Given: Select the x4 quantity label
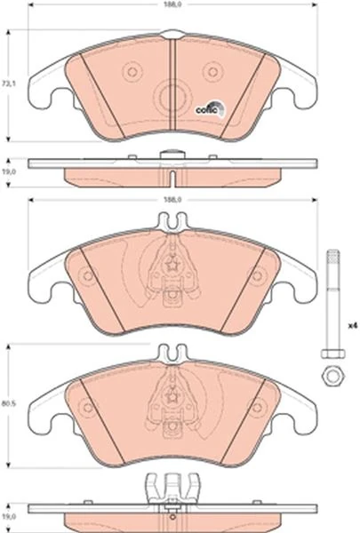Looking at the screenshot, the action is point(353,326).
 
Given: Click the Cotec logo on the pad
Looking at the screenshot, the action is point(210,108).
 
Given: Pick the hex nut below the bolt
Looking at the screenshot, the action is point(332,376).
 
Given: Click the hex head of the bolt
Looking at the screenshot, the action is point(332,354).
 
